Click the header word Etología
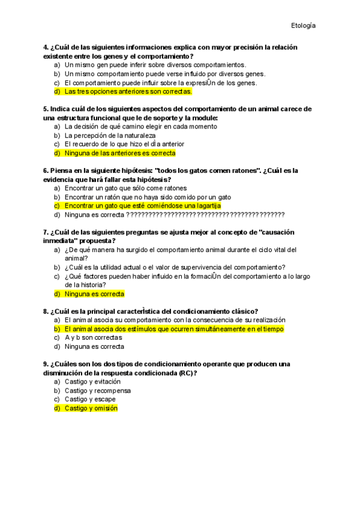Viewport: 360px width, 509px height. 303,26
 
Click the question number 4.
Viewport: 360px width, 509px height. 46,47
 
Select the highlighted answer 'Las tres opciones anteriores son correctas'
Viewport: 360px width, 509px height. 128,92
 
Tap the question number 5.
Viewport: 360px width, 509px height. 46,109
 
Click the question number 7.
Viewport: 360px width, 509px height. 46,232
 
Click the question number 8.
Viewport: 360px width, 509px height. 46,312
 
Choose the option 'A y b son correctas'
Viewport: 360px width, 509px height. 93,338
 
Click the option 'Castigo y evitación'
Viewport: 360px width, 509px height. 92,382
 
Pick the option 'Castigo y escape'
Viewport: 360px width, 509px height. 90,399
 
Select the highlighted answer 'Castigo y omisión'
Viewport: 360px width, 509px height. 91,408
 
